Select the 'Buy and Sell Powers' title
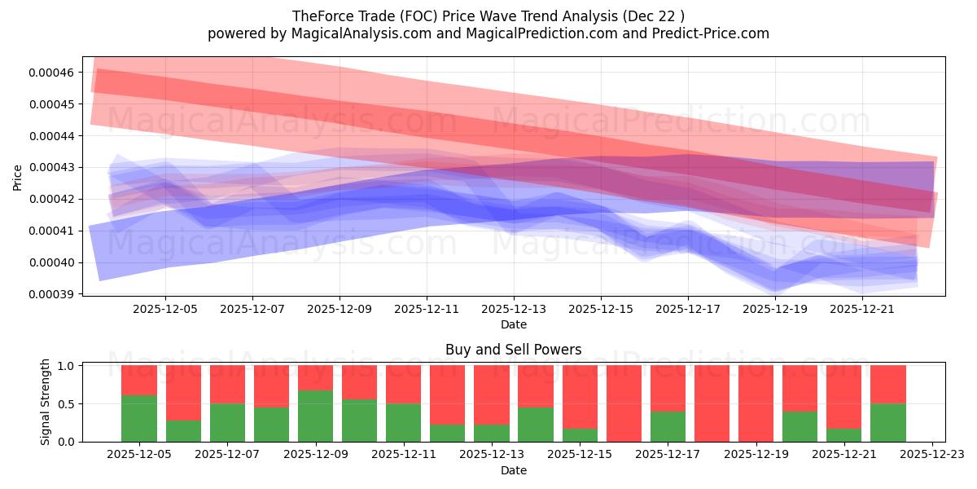(513, 350)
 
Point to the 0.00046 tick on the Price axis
(51, 73)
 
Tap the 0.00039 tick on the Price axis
(51, 294)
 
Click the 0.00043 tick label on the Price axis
(51, 167)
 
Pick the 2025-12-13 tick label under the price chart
(513, 310)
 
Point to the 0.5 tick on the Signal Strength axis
(67, 403)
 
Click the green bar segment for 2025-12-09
(315, 416)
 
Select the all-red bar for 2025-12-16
(624, 403)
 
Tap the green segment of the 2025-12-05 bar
(139, 418)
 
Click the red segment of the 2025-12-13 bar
(491, 394)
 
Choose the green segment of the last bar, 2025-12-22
(887, 422)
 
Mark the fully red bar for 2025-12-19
(756, 403)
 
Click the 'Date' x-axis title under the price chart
(513, 324)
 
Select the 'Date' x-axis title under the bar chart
(513, 470)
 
